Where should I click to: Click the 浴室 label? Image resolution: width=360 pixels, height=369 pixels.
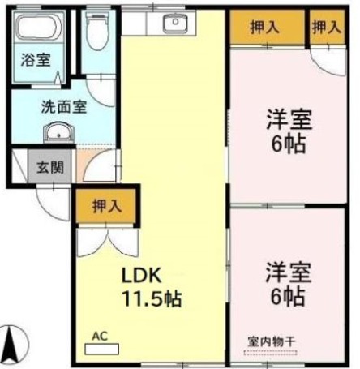35,60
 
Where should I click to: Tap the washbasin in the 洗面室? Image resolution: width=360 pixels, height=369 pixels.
57,135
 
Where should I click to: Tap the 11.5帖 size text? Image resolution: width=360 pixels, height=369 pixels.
151,298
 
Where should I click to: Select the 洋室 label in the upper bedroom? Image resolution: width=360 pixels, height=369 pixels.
288,118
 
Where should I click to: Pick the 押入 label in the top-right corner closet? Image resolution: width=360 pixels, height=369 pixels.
328,27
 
